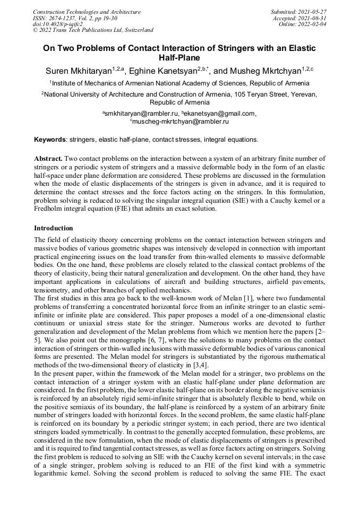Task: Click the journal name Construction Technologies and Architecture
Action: (87, 12)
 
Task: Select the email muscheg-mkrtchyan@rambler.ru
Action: (181, 122)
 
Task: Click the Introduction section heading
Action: (54, 228)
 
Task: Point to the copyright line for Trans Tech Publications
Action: (93, 30)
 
